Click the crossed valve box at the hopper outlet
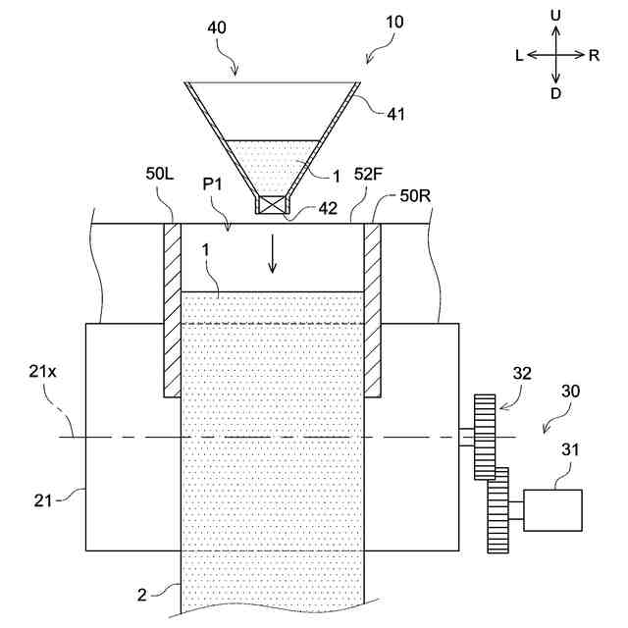click(x=270, y=205)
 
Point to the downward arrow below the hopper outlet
click(x=274, y=257)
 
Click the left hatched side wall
click(x=172, y=309)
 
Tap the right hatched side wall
click(x=372, y=309)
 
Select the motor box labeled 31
click(x=552, y=509)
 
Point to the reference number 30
click(x=570, y=391)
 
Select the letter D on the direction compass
click(x=556, y=93)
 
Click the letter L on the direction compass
click(x=518, y=56)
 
